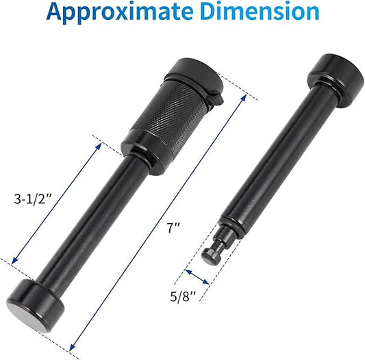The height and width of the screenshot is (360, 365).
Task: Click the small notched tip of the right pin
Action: (213, 253)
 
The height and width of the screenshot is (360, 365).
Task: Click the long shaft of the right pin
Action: (274, 157)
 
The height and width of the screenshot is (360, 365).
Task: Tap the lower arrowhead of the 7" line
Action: (73, 346)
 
